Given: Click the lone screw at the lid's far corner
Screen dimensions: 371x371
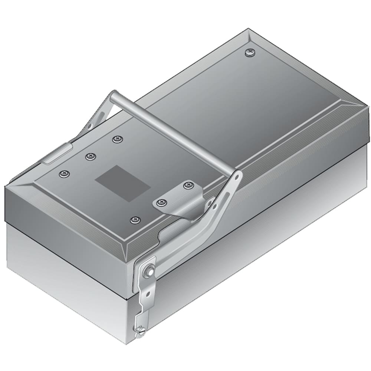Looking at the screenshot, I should (x=251, y=52).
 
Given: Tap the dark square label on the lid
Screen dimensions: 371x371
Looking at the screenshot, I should (x=123, y=183).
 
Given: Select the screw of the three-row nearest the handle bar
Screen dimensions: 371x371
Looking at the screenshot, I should (x=118, y=139).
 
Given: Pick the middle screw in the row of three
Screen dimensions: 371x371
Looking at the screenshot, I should (x=90, y=157).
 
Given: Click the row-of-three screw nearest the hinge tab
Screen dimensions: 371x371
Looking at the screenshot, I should (x=64, y=174).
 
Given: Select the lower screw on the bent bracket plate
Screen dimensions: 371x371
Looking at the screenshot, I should (x=161, y=202).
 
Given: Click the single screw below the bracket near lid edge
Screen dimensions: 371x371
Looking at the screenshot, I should (x=135, y=220).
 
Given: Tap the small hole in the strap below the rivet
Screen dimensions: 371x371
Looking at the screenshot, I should (x=148, y=294).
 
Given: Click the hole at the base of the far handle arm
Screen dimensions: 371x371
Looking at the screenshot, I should (x=89, y=126).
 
